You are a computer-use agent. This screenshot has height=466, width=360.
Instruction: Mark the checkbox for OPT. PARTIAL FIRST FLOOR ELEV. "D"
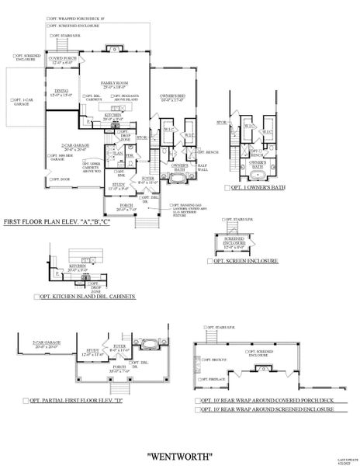tap(26, 403)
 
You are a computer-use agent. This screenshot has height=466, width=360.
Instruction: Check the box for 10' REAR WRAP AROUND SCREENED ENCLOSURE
tap(197, 409)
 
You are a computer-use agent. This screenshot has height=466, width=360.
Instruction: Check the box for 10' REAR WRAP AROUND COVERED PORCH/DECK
tap(197, 401)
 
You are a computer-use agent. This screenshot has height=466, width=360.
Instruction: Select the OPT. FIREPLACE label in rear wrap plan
tap(215, 380)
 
